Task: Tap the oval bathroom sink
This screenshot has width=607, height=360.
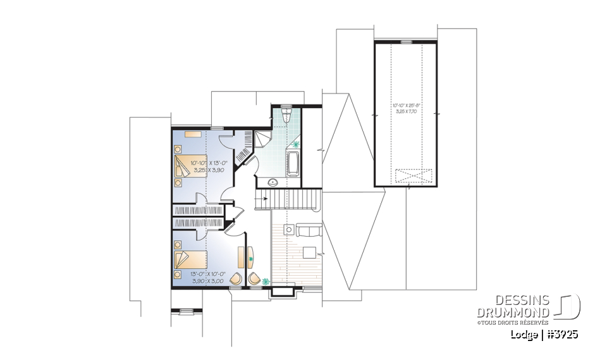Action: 273,182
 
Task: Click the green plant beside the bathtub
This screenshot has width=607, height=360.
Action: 297,146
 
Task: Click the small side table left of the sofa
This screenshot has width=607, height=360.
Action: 288,230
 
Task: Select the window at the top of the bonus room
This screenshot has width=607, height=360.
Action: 405,42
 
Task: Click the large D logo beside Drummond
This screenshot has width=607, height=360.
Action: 567,306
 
